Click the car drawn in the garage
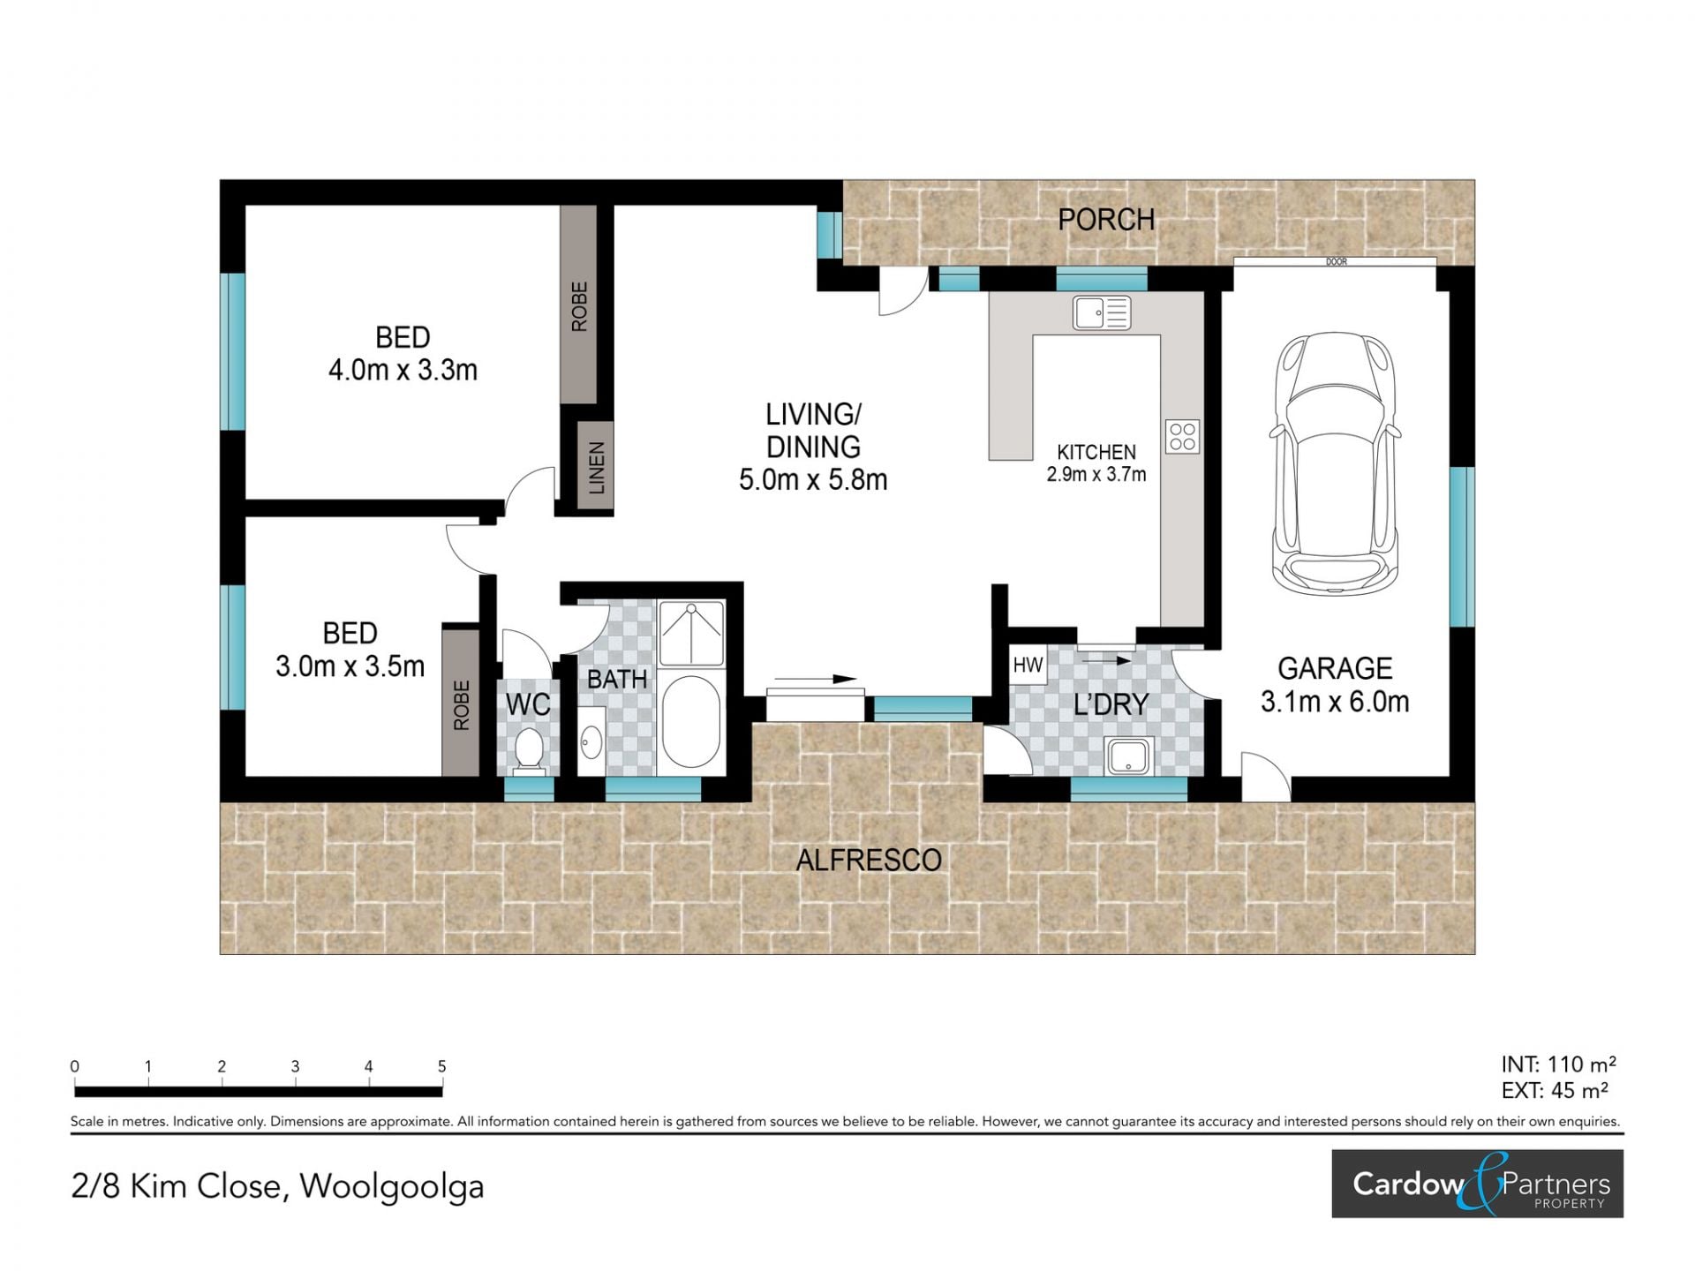click(1335, 463)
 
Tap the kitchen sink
click(1102, 312)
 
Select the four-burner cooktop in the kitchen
click(1182, 436)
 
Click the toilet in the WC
click(529, 751)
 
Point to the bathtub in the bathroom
click(691, 723)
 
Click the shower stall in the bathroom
click(691, 633)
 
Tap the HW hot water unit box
click(1028, 666)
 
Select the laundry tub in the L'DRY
click(1129, 756)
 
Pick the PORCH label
click(1106, 219)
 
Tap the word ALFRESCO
click(869, 860)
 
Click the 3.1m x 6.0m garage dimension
click(1335, 702)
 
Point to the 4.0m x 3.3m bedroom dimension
click(403, 370)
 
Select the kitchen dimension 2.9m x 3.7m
click(1096, 475)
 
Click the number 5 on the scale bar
click(441, 1066)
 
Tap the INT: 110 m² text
click(1558, 1064)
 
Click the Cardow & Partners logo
click(1477, 1184)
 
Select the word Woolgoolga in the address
click(392, 1187)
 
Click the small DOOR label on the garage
click(1336, 262)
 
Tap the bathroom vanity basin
click(591, 742)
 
